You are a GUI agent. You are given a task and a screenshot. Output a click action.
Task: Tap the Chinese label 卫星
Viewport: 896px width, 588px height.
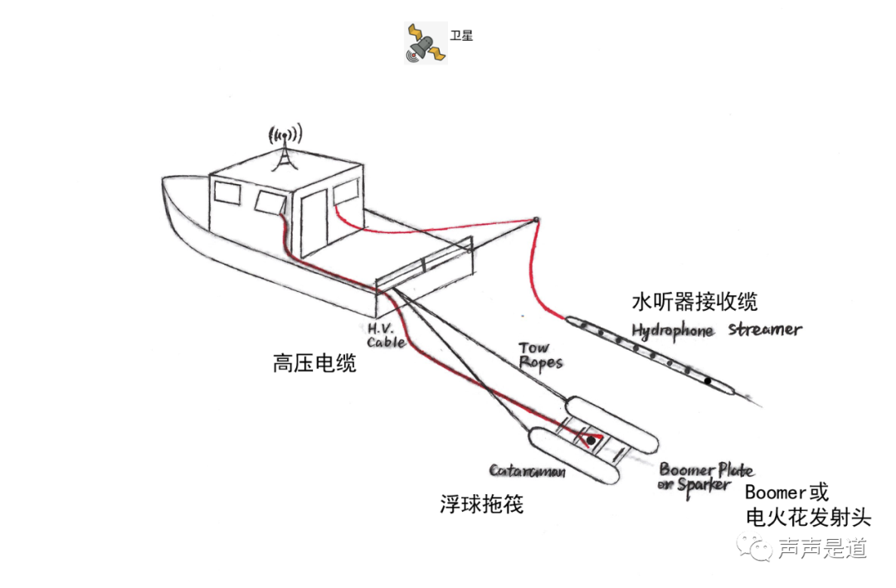(x=461, y=36)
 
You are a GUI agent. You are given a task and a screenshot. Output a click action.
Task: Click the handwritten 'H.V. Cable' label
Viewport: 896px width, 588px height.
(x=387, y=334)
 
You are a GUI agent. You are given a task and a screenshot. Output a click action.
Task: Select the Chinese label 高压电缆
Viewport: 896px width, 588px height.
(x=314, y=363)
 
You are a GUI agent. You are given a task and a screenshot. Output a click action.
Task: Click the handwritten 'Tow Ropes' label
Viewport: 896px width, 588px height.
(x=540, y=355)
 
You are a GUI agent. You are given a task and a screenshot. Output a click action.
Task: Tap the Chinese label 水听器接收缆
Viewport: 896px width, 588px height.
(x=694, y=300)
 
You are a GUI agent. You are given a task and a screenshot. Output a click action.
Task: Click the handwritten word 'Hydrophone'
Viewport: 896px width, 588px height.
(x=673, y=330)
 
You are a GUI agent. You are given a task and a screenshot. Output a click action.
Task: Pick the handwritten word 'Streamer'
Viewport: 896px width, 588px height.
(x=765, y=329)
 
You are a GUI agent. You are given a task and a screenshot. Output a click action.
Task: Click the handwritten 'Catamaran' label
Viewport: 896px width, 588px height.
(x=527, y=471)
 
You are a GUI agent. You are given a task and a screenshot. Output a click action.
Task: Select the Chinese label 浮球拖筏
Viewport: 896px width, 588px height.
(x=481, y=503)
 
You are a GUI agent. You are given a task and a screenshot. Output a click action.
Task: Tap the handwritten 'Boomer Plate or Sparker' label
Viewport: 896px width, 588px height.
(x=704, y=477)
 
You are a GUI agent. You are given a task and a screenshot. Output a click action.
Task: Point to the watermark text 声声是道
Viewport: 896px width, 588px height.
(x=822, y=548)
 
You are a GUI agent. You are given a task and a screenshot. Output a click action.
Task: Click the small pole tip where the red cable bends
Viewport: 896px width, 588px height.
(x=537, y=220)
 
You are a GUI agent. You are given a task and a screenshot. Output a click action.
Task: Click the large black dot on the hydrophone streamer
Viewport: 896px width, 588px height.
(x=708, y=382)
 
